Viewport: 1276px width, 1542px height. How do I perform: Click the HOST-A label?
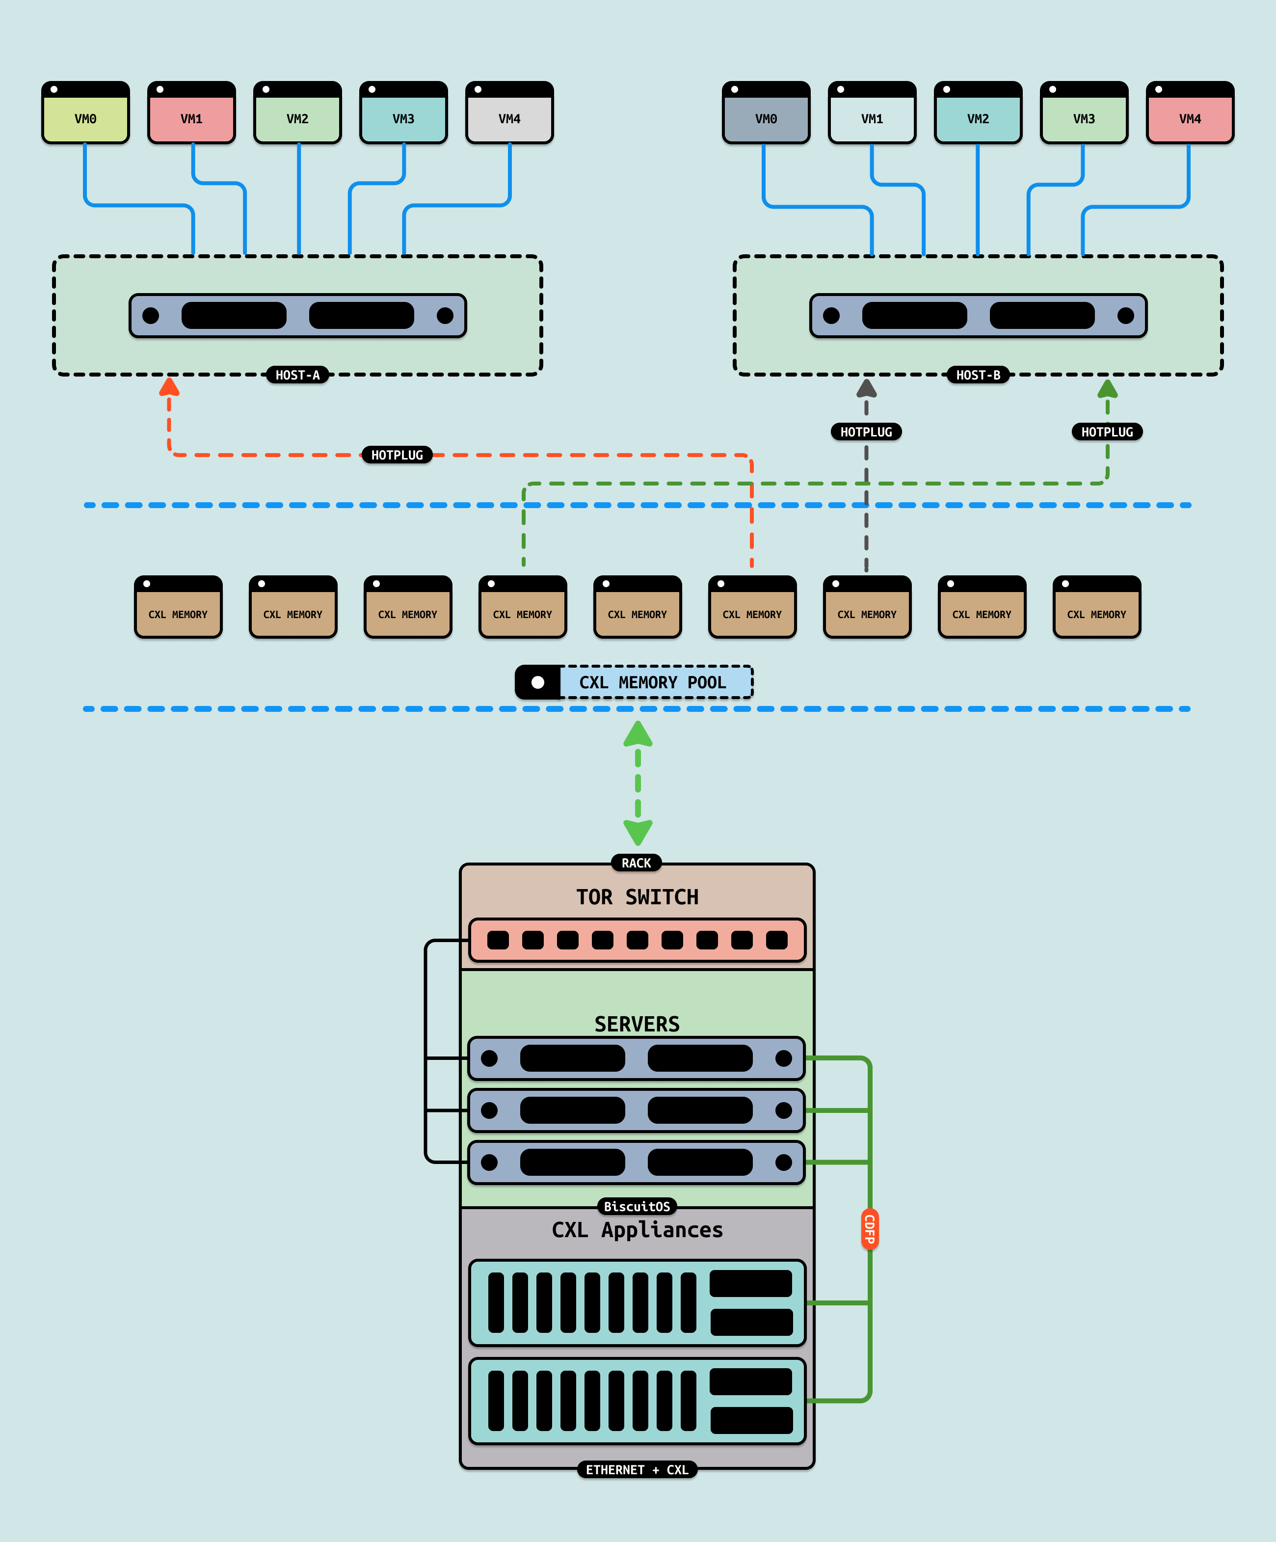297,375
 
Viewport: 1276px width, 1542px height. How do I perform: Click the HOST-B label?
978,375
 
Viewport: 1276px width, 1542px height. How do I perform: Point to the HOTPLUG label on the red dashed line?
397,455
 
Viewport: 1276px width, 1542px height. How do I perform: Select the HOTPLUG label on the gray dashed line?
866,432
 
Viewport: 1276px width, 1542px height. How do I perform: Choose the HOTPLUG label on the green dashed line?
1107,432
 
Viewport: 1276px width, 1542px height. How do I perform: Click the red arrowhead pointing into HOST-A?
170,387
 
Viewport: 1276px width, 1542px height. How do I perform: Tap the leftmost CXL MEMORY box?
178,607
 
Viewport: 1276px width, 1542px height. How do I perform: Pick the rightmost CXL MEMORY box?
1096,607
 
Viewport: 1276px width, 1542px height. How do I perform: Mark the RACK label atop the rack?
637,863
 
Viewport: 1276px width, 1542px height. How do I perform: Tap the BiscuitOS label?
637,1206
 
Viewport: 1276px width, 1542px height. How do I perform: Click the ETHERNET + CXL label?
637,1469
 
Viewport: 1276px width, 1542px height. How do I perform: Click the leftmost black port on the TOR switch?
498,940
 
